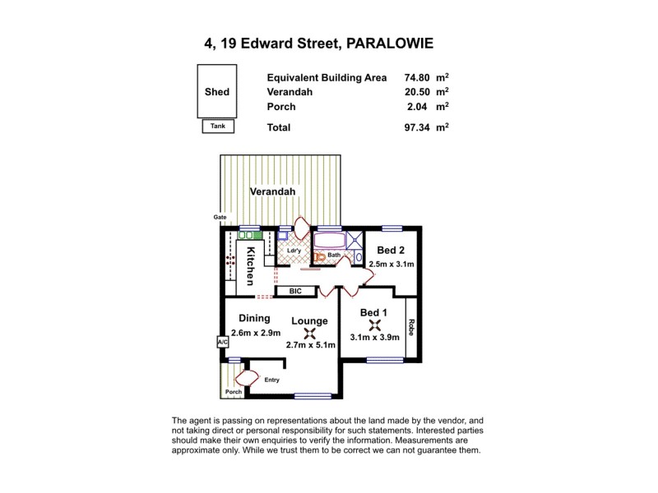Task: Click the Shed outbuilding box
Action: click(217, 92)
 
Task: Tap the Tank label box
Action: click(217, 127)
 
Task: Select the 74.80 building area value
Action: click(412, 78)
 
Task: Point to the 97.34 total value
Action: click(412, 127)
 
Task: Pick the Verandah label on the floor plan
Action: click(273, 191)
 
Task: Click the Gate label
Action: click(220, 217)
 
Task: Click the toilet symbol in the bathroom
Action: click(320, 256)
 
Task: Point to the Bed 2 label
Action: click(391, 250)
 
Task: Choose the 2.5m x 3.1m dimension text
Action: click(392, 264)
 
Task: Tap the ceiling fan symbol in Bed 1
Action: click(374, 325)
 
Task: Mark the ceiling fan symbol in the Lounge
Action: click(309, 333)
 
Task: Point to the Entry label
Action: click(272, 380)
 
